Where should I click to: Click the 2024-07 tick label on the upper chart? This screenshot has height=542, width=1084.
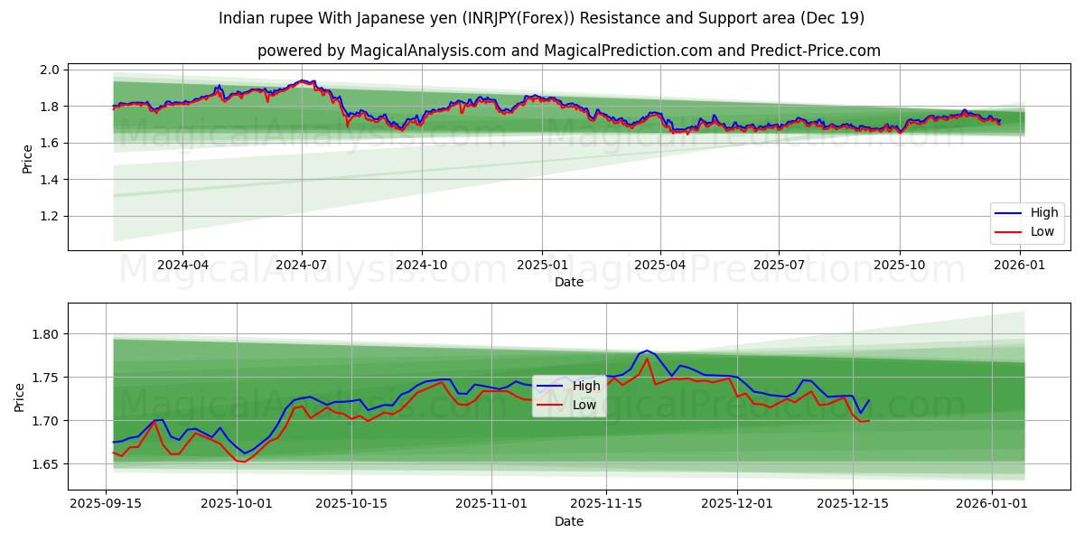(301, 265)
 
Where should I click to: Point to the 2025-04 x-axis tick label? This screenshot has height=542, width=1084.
(659, 265)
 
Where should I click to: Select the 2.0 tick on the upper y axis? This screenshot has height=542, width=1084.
(51, 70)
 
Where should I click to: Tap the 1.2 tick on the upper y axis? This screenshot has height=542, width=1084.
(51, 217)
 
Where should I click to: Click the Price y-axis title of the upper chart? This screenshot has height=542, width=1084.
(27, 159)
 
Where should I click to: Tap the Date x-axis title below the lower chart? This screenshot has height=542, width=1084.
(568, 521)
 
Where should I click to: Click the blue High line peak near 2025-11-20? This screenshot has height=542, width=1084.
(647, 350)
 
